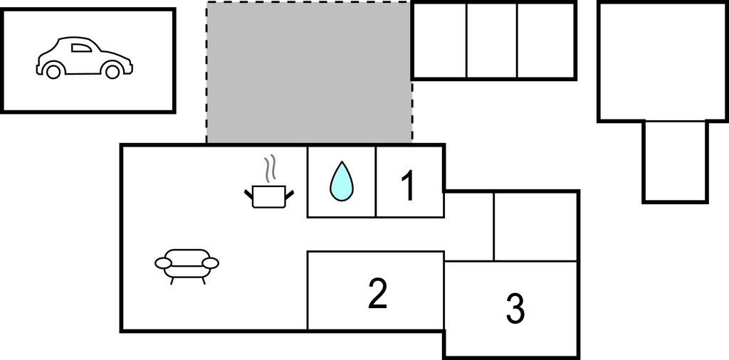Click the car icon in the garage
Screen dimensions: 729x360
click(85, 58)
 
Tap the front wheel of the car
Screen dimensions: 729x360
click(112, 71)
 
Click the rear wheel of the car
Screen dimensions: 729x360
click(53, 71)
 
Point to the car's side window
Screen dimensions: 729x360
click(81, 48)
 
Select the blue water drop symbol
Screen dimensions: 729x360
click(341, 181)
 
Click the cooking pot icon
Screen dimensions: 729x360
click(269, 196)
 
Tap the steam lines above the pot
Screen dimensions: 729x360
click(270, 169)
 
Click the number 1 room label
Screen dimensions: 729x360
click(408, 186)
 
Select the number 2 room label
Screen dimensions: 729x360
click(377, 293)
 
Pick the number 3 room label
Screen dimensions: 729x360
click(515, 309)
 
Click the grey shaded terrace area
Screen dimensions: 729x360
click(309, 73)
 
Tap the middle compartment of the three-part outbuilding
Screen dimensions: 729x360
click(492, 41)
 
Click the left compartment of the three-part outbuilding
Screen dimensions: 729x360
click(439, 41)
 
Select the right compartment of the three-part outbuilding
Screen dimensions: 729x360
click(546, 41)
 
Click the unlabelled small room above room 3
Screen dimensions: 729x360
click(535, 227)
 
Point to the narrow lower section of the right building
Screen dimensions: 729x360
click(675, 162)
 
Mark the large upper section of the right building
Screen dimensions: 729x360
click(664, 62)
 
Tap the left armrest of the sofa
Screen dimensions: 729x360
click(163, 263)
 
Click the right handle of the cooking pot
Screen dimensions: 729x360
click(289, 195)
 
